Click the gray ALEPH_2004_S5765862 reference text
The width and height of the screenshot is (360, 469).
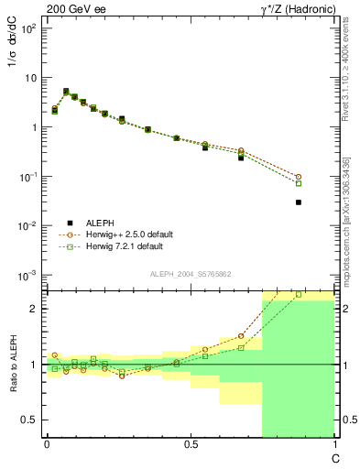190,274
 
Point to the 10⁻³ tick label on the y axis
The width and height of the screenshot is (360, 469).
27,276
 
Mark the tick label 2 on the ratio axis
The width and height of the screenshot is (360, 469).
35,309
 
